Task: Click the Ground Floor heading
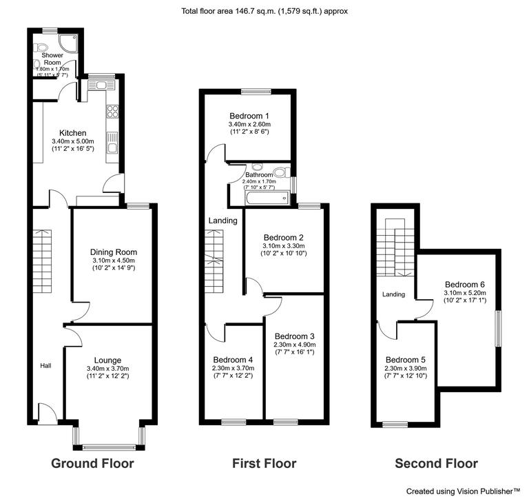click(x=92, y=463)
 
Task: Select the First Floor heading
click(x=264, y=463)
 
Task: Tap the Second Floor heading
click(x=436, y=463)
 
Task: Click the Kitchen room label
click(x=72, y=133)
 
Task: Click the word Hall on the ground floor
click(x=45, y=365)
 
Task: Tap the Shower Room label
click(x=54, y=59)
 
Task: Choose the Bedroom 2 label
click(x=284, y=236)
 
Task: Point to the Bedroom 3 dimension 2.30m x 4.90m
click(x=294, y=345)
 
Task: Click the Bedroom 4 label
click(x=233, y=360)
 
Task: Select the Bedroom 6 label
click(x=465, y=284)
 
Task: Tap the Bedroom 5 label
click(x=405, y=360)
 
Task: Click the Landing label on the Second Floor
click(x=393, y=294)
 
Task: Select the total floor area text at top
click(x=264, y=11)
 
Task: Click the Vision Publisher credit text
click(x=463, y=491)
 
